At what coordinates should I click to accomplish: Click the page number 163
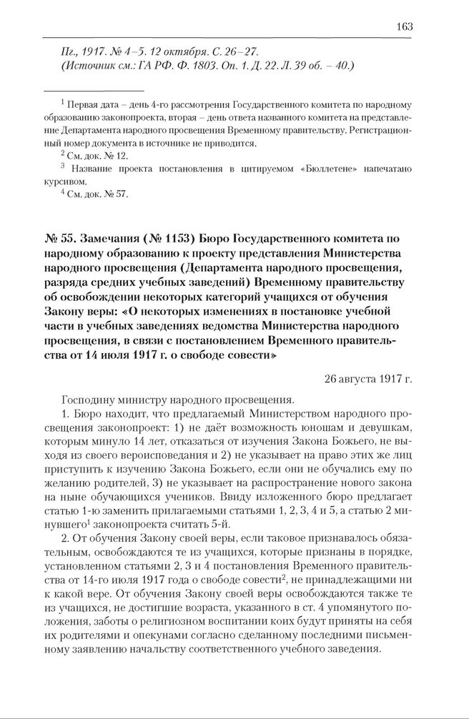pyautogui.click(x=404, y=26)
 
